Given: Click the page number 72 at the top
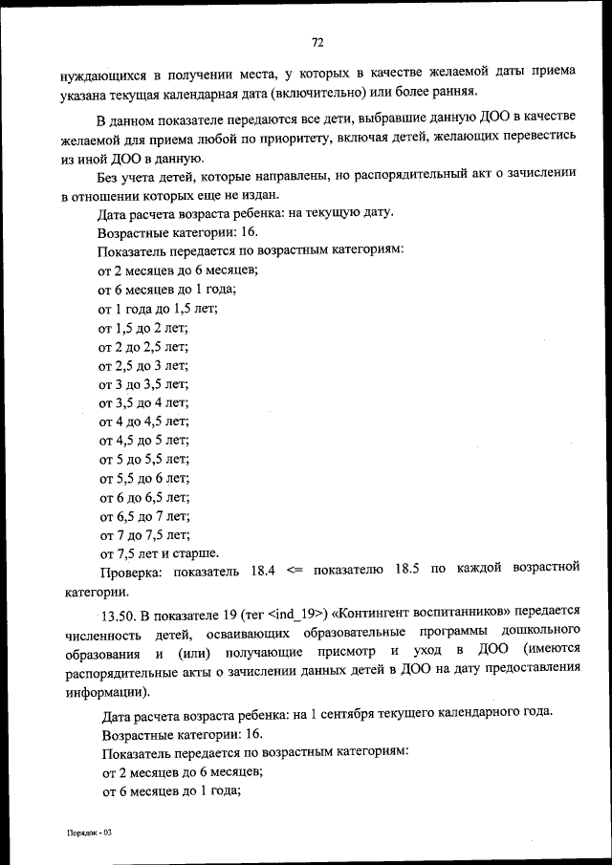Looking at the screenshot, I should tap(317, 42).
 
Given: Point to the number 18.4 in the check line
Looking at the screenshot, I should tap(263, 570).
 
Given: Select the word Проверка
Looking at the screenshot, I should tap(132, 571).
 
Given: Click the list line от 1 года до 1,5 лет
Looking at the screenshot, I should tap(158, 308).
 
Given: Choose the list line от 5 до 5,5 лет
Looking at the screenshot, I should tap(143, 459).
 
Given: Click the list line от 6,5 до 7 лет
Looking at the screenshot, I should tap(143, 515).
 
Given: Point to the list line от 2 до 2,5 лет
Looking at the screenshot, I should tap(143, 346).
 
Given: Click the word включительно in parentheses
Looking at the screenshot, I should tap(325, 91).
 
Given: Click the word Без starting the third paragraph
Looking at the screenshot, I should tap(109, 177).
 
